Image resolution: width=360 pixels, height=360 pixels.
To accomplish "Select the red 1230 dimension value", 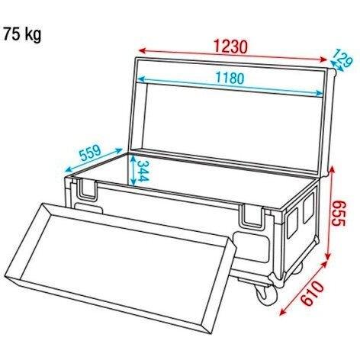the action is [230, 47].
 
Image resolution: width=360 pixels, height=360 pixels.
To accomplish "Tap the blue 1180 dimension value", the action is [230, 78].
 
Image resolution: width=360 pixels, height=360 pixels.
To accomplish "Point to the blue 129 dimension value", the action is [342, 58].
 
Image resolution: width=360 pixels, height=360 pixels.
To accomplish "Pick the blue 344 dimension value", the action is [143, 172].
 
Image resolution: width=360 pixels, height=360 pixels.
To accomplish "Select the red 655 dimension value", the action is [339, 213].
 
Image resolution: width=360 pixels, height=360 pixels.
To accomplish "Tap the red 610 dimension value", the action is [313, 293].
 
